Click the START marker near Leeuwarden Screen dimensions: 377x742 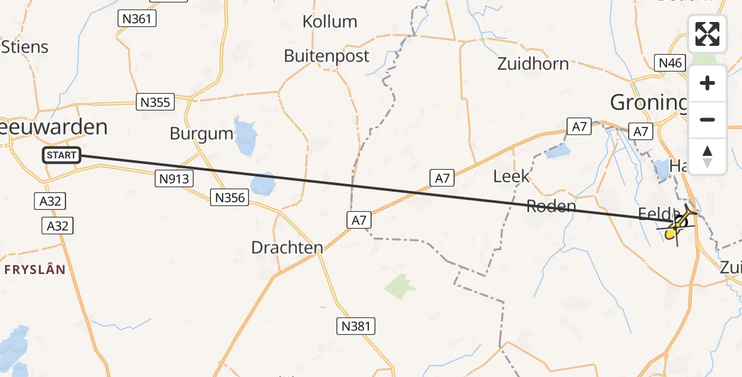pos(62,155)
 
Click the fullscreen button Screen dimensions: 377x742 pos(707,34)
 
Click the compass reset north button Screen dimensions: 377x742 pos(707,156)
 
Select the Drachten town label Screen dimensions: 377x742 pos(287,248)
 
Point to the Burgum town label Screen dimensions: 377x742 pos(201,133)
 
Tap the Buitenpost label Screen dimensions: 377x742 pos(326,56)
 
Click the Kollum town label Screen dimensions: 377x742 pos(329,22)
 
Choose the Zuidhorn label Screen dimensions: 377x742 pos(533,63)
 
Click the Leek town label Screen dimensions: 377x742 pos(511,177)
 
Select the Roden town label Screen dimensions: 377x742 pos(551,206)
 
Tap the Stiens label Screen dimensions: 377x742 pos(25,47)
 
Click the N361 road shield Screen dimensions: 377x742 pos(136,19)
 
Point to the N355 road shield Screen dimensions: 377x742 pos(155,102)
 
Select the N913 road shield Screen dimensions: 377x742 pos(173,179)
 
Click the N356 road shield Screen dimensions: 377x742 pos(231,198)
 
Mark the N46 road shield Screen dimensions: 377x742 pos(670,63)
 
